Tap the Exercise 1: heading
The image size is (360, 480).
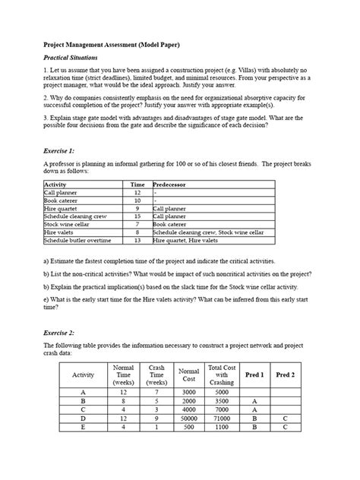pos(64,152)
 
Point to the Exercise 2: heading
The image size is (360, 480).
pos(64,334)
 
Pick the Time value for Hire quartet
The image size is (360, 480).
pos(137,208)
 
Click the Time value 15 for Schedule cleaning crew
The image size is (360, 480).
pos(137,216)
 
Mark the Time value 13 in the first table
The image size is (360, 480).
pos(137,240)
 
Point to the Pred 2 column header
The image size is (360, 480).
pos(285,374)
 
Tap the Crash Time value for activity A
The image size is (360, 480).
pos(156,393)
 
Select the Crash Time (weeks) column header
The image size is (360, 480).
pos(156,374)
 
